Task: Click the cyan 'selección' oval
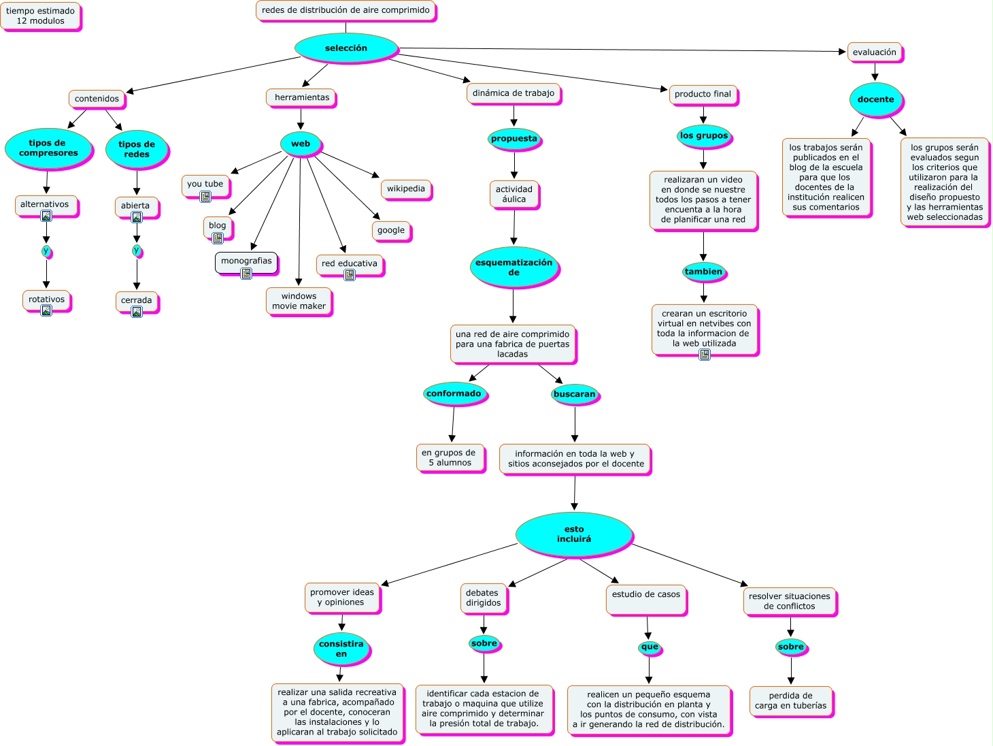coord(346,48)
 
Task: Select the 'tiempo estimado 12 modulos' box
coord(40,16)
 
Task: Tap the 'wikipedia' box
coord(406,189)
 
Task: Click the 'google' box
coord(391,231)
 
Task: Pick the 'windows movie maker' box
coord(299,302)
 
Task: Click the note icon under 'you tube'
coord(205,197)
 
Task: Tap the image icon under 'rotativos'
coord(46,310)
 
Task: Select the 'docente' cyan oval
coord(875,99)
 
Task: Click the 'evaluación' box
coord(875,52)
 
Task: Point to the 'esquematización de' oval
coord(514,267)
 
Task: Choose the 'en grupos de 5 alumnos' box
coord(450,457)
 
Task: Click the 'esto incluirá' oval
coord(574,534)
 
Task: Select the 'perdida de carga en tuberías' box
coord(790,701)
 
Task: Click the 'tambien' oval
coord(703,272)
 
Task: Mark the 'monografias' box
coord(246,261)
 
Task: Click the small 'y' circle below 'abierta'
coord(137,250)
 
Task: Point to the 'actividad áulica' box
coord(514,195)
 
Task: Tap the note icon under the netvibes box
coord(705,354)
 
